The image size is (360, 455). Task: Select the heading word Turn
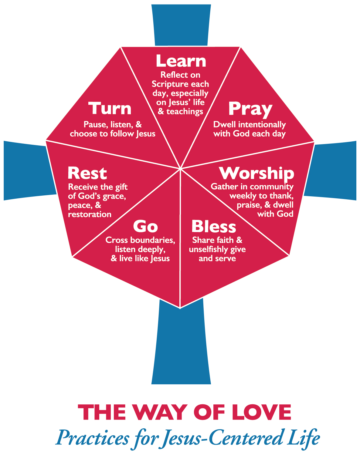[110, 109]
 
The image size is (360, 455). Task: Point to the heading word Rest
[87, 173]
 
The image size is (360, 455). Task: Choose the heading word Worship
[257, 173]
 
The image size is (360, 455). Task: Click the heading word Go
[145, 227]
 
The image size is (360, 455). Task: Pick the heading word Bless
[214, 227]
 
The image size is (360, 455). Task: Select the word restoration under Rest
[90, 214]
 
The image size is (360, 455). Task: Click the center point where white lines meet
[181, 168]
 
